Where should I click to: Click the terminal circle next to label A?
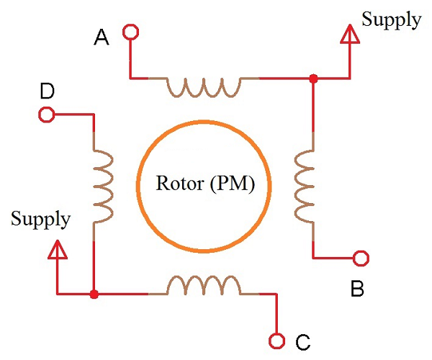tap(130, 32)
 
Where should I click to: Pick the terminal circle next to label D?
tap(46, 114)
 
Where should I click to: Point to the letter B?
tap(357, 289)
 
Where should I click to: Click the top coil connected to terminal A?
tap(204, 86)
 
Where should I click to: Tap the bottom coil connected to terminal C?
tap(204, 286)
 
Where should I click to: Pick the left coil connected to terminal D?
tap(103, 186)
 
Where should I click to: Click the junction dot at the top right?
tap(312, 78)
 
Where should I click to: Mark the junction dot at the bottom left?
tap(94, 294)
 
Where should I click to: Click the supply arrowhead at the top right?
tap(350, 35)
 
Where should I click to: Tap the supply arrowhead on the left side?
tap(57, 249)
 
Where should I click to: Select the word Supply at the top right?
tap(391, 19)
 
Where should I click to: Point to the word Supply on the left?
tap(40, 219)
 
